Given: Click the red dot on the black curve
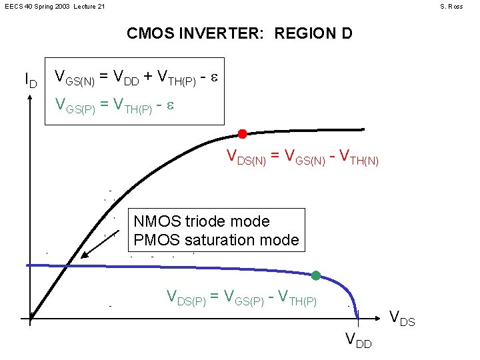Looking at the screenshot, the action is (x=243, y=134).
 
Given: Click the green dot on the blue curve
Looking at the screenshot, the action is (x=316, y=275).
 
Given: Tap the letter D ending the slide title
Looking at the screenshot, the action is (x=345, y=33).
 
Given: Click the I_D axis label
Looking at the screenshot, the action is (x=30, y=81).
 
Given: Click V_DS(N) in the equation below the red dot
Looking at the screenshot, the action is (x=248, y=157).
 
